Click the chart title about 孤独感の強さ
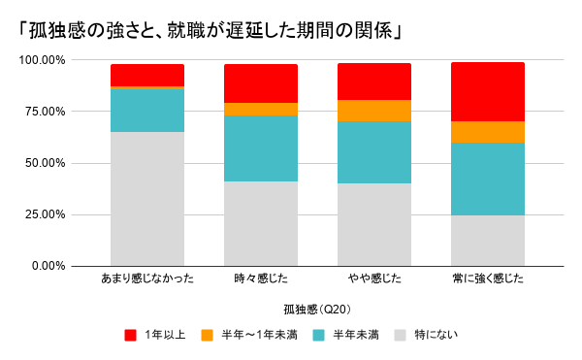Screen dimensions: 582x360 210,30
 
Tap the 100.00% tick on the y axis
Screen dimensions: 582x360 42,60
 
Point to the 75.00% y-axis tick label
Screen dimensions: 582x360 45,112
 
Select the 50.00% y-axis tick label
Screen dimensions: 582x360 45,163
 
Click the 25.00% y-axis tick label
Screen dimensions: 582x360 45,214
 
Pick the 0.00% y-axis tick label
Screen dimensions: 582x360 48,266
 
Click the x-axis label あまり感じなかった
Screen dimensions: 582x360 147,278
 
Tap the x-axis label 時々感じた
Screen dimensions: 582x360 261,278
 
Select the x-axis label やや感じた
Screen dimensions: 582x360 374,278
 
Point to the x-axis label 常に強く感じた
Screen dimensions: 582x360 488,278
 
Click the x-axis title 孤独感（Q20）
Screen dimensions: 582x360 317,310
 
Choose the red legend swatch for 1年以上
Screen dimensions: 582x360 131,335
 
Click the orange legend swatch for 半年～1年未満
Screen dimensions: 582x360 208,335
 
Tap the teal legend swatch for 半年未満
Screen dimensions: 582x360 318,335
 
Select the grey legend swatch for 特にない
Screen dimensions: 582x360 401,335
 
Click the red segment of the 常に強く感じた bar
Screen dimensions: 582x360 488,92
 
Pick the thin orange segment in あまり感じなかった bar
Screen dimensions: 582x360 147,87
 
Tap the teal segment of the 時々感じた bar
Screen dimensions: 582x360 261,148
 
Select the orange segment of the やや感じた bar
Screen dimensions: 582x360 374,111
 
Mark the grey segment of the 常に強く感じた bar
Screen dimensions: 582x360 488,241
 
